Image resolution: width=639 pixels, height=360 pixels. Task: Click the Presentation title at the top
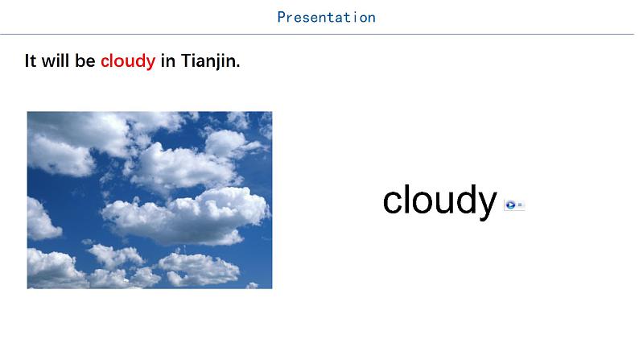click(x=327, y=17)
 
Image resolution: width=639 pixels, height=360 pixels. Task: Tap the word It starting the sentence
click(x=31, y=60)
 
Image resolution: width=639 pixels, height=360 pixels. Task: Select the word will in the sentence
click(x=56, y=60)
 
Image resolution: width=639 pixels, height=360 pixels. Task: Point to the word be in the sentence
click(x=85, y=60)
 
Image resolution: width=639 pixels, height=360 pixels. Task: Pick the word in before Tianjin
click(x=168, y=60)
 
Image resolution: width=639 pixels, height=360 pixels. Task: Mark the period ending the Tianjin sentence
click(x=238, y=66)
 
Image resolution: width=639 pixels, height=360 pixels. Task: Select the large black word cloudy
click(x=439, y=201)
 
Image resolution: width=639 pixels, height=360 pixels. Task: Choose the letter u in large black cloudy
click(x=443, y=203)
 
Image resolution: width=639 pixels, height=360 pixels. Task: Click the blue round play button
click(x=510, y=205)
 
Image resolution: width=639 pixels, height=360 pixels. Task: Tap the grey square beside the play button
click(x=520, y=205)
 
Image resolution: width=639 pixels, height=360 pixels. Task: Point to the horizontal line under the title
click(x=317, y=35)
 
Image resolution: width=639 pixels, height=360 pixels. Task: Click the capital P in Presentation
click(x=281, y=17)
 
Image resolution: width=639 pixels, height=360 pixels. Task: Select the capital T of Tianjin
click(x=186, y=60)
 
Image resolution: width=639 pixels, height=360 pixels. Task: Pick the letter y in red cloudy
click(x=150, y=64)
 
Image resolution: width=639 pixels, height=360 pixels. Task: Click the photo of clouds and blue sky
click(x=150, y=201)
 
